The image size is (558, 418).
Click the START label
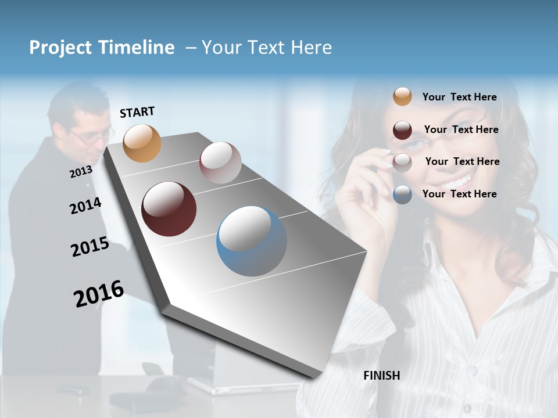(x=137, y=112)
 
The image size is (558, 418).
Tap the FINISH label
(x=381, y=376)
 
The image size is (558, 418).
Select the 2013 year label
(x=81, y=172)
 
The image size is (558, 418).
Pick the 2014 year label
(x=85, y=206)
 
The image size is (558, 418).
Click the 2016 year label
(x=99, y=294)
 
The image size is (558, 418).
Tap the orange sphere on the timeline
(x=142, y=143)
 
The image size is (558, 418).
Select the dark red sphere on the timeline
(x=169, y=209)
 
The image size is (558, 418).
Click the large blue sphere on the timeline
(x=252, y=241)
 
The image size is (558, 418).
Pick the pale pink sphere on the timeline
(x=220, y=163)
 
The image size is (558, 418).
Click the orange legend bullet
(x=402, y=96)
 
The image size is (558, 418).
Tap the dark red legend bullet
(x=402, y=130)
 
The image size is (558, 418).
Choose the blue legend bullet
(x=402, y=194)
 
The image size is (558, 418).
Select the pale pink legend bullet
(x=402, y=163)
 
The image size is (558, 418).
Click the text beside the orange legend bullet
(x=459, y=97)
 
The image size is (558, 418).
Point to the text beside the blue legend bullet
(x=459, y=194)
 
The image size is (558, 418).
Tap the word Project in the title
(x=60, y=48)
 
